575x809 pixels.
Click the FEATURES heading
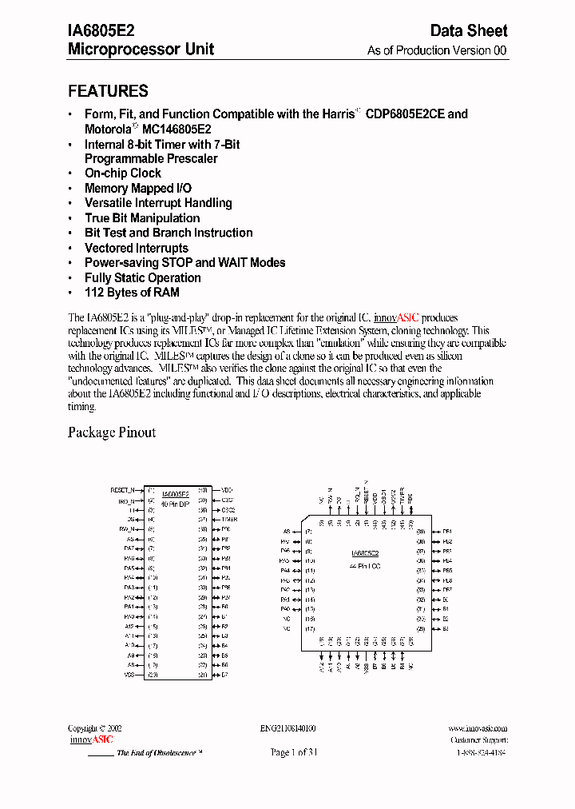108,91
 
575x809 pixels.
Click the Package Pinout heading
112,432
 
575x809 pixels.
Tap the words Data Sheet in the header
469,30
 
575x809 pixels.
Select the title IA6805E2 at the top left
101,30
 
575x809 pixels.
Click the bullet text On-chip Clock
123,173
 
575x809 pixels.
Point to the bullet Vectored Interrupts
137,248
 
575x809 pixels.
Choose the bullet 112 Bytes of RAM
132,293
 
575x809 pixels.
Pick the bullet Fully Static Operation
143,278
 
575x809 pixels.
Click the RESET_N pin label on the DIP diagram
122,489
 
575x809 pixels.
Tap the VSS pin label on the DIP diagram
129,675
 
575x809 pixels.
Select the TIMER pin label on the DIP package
229,519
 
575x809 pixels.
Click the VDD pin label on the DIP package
227,489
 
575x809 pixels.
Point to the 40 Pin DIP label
175,504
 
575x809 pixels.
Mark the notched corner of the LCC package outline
304,523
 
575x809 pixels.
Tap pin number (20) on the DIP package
152,675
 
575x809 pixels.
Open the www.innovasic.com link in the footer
478,729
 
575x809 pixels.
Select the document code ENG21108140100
287,729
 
